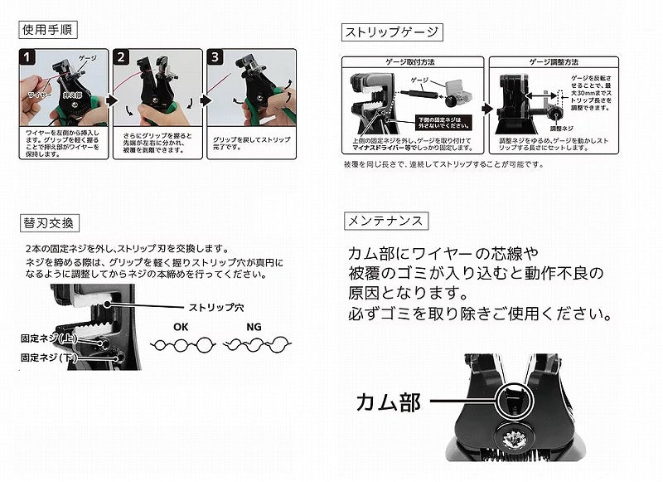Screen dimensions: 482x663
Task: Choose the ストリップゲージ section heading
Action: pyautogui.click(x=392, y=32)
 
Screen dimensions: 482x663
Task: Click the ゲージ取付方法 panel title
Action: pyautogui.click(x=409, y=62)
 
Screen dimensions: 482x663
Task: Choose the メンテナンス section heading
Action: pyautogui.click(x=385, y=222)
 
